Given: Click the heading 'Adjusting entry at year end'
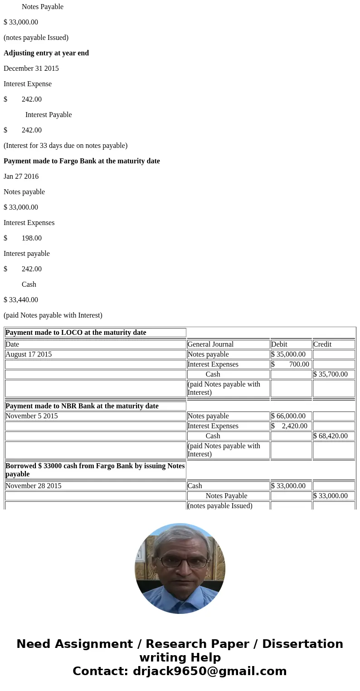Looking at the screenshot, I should tap(46, 53).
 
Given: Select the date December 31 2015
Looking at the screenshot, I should tap(31, 69).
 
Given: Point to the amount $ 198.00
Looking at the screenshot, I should tap(23, 238).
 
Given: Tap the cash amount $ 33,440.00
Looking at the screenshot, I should tap(21, 300).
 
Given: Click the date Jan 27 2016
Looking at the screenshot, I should tap(21, 176).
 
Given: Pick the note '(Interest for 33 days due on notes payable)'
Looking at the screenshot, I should tap(65, 146).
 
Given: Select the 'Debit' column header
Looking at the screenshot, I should tap(279, 344).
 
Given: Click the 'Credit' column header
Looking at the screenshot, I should tap(322, 344).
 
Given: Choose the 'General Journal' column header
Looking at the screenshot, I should tap(210, 344).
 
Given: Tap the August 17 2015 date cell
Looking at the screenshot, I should tap(29, 354).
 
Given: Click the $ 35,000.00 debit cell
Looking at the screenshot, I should tap(288, 354).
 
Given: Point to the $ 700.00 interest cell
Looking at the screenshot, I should tap(291, 364).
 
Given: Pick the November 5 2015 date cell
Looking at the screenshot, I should tap(32, 416).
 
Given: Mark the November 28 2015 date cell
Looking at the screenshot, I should tap(34, 486).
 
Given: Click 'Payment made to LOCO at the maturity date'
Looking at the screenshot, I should tap(76, 333).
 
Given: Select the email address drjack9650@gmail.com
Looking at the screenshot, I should tap(209, 671).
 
